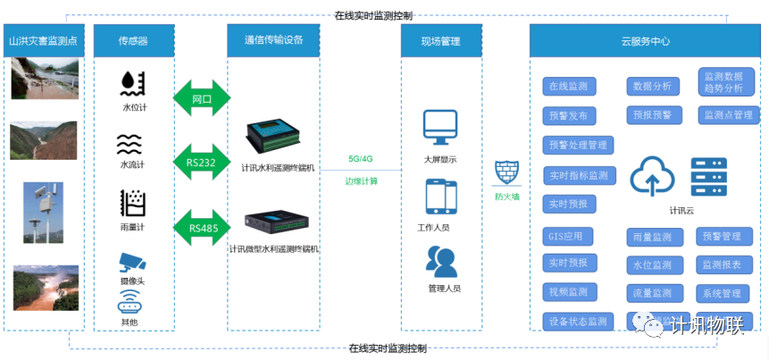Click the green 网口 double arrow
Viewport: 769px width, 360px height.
point(202,98)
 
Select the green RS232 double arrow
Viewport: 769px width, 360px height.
point(202,163)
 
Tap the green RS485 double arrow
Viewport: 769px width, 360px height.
point(202,228)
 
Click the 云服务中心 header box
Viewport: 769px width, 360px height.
point(645,41)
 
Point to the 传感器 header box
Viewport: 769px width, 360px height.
point(133,41)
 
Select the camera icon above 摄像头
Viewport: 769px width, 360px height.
point(133,262)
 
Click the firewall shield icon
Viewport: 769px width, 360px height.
point(506,172)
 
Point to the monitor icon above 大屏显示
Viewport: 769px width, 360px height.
point(440,128)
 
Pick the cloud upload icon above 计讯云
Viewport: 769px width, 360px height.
point(656,175)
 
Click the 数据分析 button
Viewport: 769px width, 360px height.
point(652,87)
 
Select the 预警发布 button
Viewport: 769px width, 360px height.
point(568,115)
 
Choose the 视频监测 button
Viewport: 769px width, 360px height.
point(568,292)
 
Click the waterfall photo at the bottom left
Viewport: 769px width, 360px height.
point(45,287)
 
